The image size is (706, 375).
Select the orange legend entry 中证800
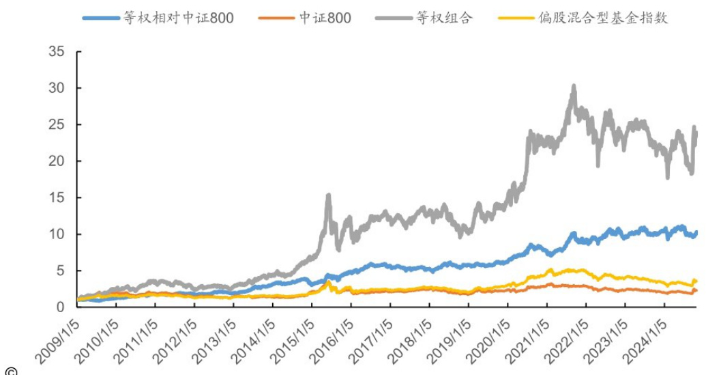324,17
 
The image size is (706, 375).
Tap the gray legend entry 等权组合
441,17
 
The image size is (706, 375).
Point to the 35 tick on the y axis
57,52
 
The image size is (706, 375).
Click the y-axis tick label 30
57,88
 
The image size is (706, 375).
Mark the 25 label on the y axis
57,125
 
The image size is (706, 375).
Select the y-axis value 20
57,161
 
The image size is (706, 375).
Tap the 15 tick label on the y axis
57,198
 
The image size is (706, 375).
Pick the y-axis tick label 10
57,234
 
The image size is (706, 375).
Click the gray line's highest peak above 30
574,86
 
